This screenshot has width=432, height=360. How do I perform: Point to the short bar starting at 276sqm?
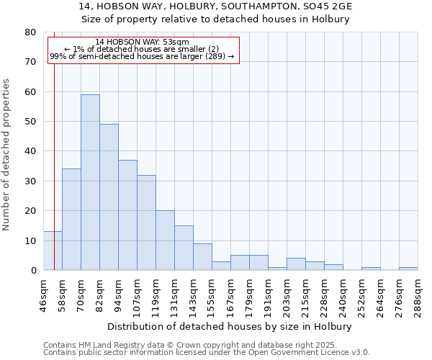coord(408,269)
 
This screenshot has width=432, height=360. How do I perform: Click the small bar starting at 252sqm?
coord(371,269)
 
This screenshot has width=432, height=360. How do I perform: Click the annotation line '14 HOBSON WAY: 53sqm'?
coord(142,42)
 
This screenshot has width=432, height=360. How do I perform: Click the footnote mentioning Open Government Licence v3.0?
coord(207,353)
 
